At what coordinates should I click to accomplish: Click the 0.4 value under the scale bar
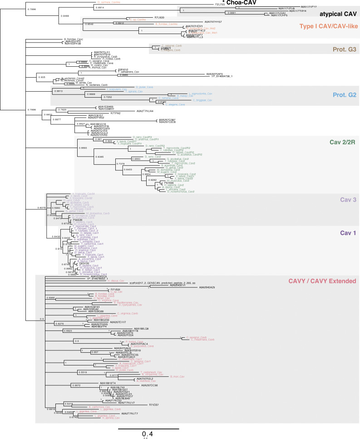click(148, 434)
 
